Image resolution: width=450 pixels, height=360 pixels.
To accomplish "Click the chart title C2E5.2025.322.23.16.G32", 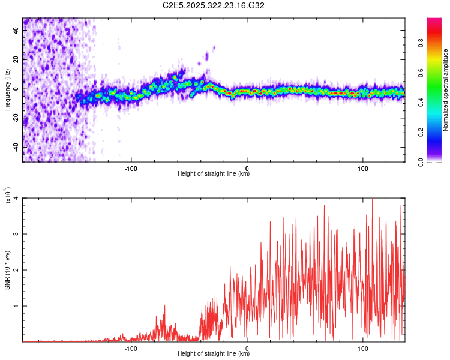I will pyautogui.click(x=214, y=5).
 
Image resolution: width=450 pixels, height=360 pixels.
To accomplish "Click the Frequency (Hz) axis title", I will pyautogui.click(x=7, y=89).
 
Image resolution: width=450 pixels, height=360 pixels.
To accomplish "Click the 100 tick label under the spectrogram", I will pyautogui.click(x=363, y=167).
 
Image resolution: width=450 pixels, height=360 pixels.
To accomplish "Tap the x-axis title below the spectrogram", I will pyautogui.click(x=214, y=174).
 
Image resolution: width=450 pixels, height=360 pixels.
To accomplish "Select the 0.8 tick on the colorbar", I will pyautogui.click(x=437, y=43).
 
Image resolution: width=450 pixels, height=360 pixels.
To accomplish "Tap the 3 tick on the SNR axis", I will pyautogui.click(x=17, y=234).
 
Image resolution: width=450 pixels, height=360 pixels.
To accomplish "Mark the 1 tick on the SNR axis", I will pyautogui.click(x=17, y=306).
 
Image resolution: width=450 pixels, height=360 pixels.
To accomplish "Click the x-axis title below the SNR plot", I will pyautogui.click(x=214, y=354).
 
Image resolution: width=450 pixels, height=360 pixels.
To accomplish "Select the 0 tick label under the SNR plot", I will pyautogui.click(x=248, y=347).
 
